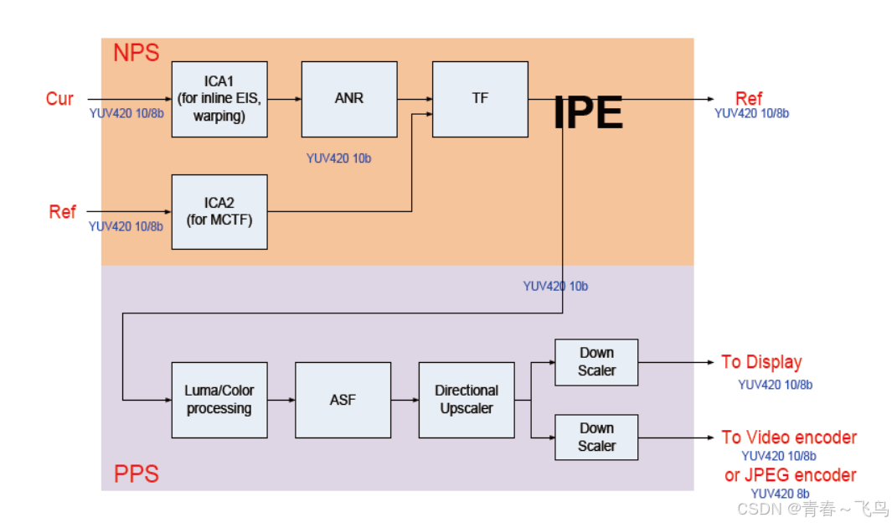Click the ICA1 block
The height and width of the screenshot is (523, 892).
click(219, 99)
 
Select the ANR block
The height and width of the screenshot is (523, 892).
click(349, 99)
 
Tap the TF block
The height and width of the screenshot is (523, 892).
click(480, 99)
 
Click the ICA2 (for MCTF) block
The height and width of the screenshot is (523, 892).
click(219, 212)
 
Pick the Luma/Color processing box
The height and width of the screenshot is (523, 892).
click(219, 400)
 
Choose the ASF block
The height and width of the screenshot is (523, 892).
click(343, 400)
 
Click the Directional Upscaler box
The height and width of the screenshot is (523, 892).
click(467, 400)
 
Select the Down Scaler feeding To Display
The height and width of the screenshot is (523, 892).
click(596, 362)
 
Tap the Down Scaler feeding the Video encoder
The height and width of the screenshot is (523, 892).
click(596, 438)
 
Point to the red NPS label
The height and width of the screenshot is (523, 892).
click(136, 53)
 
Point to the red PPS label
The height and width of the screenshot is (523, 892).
click(136, 474)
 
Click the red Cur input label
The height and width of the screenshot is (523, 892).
click(59, 99)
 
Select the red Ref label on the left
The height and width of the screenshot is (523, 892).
click(62, 212)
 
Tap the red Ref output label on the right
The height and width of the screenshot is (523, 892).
click(749, 99)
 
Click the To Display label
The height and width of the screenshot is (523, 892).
click(761, 362)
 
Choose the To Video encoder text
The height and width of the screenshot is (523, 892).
click(789, 438)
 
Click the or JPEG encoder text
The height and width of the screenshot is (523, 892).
click(790, 475)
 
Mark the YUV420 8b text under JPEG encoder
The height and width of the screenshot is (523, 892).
click(780, 494)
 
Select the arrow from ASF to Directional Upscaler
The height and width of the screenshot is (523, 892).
click(405, 400)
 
